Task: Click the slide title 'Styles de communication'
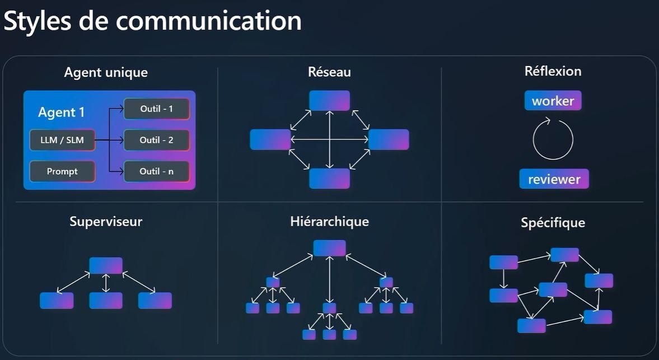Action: pos(153,21)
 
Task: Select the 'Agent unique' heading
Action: pos(106,72)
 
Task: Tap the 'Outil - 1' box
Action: pos(156,109)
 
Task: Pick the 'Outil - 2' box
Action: pos(156,140)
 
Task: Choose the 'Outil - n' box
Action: pos(156,171)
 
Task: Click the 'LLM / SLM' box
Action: pos(62,140)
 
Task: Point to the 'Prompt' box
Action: pos(62,171)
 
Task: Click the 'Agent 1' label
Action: pos(62,112)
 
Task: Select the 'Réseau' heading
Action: pos(329,72)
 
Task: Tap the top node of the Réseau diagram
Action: pos(329,101)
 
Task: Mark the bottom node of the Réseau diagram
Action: pos(329,178)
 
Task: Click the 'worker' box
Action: pos(553,101)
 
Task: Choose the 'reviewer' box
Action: pos(554,179)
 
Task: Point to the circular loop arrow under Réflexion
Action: pos(553,140)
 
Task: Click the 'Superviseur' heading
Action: pos(106,221)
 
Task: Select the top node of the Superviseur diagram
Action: pos(106,265)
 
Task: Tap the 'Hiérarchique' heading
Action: pos(329,221)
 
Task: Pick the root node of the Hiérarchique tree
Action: pos(329,248)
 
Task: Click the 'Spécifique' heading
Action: pos(553,222)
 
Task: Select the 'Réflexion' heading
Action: pos(553,71)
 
